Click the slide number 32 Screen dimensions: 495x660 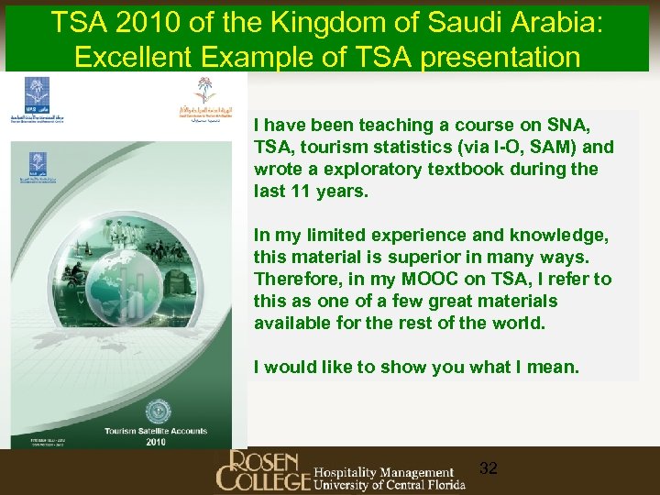click(489, 468)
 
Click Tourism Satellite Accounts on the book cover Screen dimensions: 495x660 click(156, 430)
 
